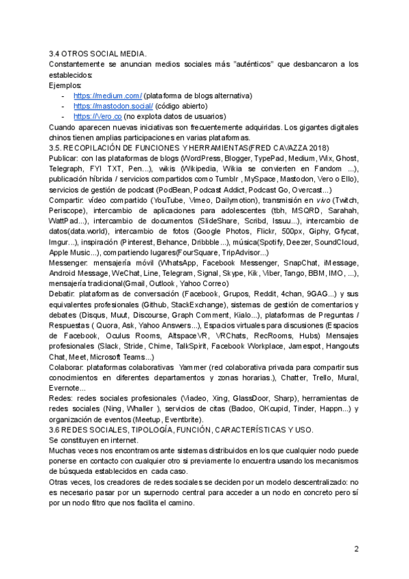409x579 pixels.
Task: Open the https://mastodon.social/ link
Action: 113,107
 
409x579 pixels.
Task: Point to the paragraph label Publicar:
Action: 63,158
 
